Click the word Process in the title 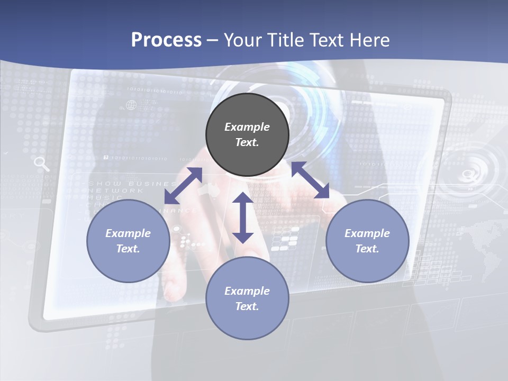tap(166, 40)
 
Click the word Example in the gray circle tap(247, 127)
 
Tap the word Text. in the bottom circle tap(247, 306)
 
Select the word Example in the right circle tap(367, 233)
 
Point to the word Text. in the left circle tap(128, 249)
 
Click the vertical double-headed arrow tap(243, 217)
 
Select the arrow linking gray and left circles tap(183, 186)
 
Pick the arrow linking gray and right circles tap(311, 180)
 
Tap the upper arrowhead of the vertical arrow tap(243, 197)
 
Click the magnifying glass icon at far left tap(41, 164)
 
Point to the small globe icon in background tap(131, 105)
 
